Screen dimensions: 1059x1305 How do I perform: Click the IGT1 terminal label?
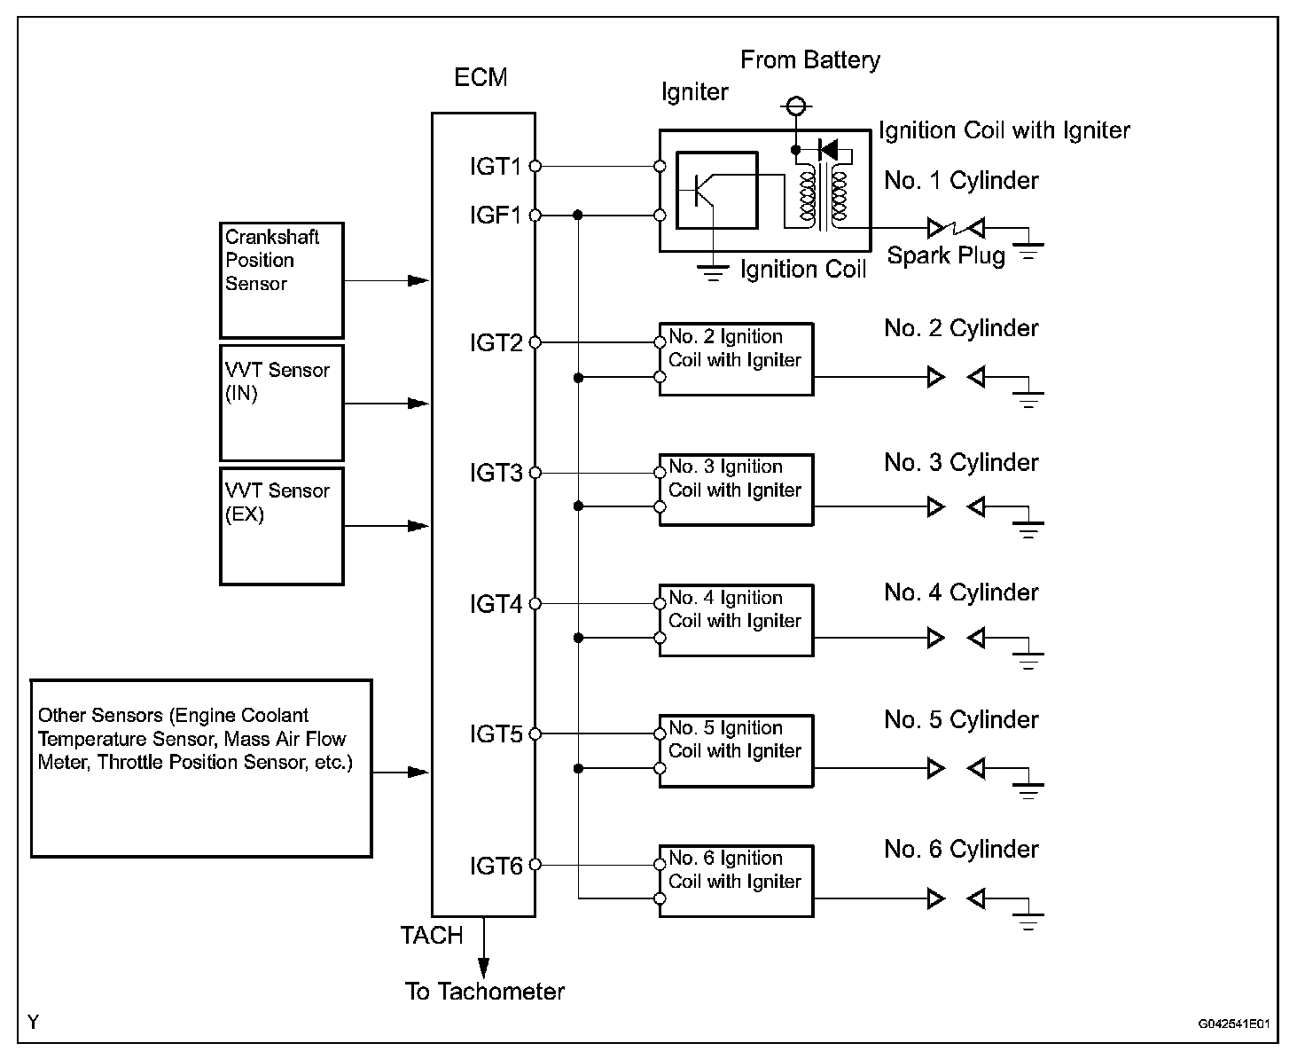pos(496,166)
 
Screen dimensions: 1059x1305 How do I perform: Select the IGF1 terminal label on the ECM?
pos(496,216)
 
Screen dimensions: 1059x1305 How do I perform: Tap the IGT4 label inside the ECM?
pos(496,605)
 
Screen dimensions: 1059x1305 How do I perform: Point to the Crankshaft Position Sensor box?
pos(281,280)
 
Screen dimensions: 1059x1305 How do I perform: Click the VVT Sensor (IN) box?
pos(281,403)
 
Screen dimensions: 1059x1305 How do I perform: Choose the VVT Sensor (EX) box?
pos(281,526)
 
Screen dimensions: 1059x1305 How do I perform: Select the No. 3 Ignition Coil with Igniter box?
pos(736,490)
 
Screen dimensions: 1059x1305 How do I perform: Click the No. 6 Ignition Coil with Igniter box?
pos(736,881)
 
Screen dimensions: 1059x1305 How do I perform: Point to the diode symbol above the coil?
pos(829,149)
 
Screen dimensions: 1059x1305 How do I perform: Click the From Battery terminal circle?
pos(794,108)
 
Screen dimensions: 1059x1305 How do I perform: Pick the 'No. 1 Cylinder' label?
pos(961,181)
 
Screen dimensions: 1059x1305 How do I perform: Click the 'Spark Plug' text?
pos(946,256)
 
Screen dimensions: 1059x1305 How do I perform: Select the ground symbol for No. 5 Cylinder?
pos(1028,789)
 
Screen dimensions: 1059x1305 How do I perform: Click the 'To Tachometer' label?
pos(484,992)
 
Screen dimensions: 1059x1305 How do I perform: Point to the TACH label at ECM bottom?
pos(432,936)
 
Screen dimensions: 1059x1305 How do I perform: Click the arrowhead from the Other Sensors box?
pos(418,773)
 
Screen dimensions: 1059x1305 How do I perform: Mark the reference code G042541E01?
pos(1234,1024)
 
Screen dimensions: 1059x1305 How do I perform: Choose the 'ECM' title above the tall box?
pos(481,78)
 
